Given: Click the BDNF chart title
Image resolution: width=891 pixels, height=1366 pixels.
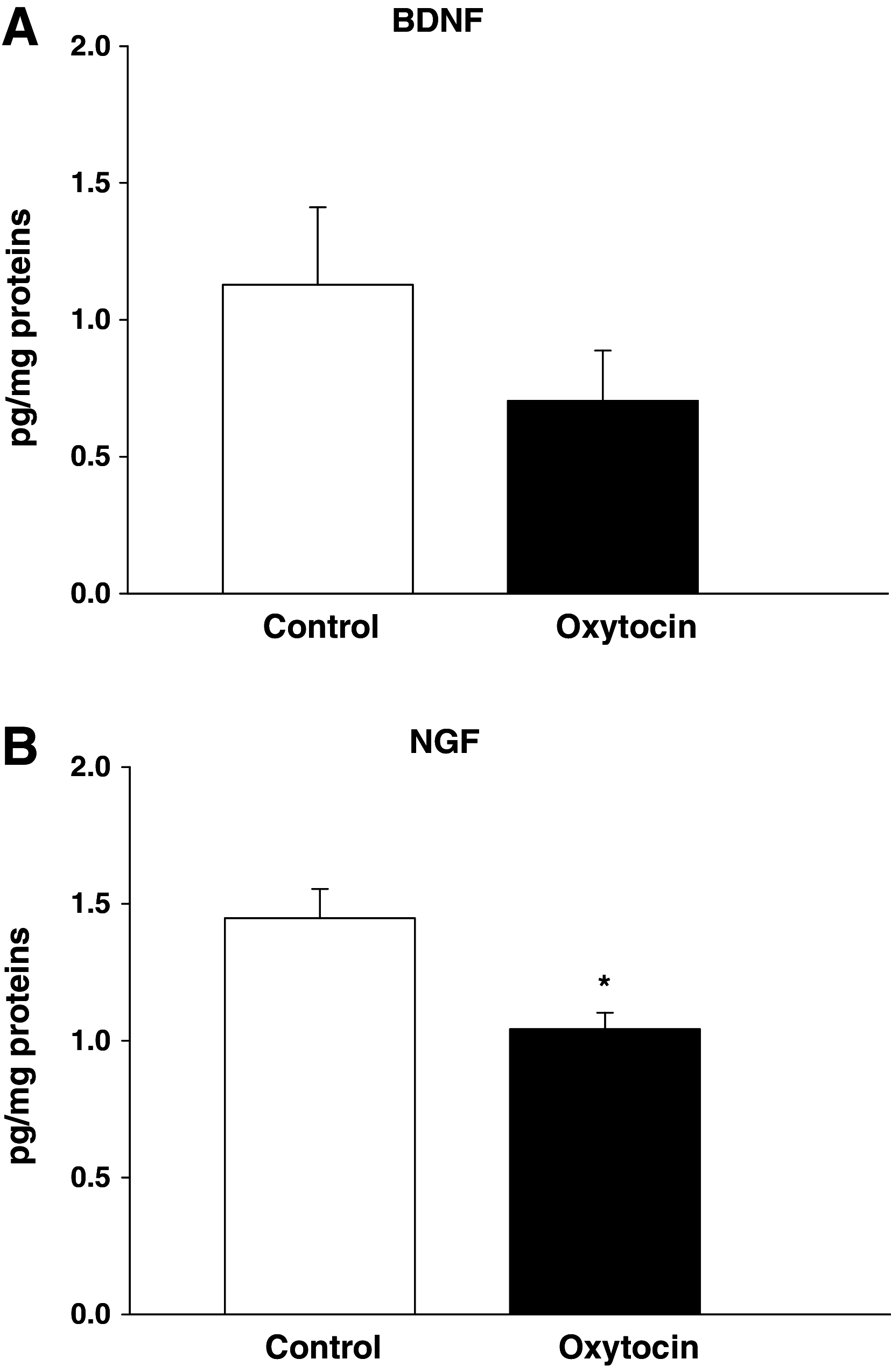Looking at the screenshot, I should [438, 20].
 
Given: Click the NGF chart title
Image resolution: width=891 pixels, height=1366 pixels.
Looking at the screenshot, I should [444, 742].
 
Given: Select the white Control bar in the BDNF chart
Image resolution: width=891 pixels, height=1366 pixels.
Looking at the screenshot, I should [318, 439].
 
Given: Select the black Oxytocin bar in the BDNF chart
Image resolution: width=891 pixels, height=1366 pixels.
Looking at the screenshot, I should [602, 497].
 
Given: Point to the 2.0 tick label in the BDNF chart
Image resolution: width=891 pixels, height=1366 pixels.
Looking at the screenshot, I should [90, 46].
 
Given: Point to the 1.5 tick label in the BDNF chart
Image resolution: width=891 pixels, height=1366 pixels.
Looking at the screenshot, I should [90, 184].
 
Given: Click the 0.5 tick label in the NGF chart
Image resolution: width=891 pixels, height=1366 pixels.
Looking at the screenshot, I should [90, 1178].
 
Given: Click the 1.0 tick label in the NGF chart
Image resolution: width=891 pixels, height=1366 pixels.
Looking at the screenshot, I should [90, 1041].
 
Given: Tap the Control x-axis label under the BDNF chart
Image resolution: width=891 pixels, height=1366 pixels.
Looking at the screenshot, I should [321, 626].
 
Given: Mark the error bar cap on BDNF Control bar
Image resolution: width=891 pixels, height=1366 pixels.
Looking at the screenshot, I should [318, 207].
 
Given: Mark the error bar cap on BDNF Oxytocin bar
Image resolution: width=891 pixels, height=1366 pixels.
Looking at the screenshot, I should [603, 350].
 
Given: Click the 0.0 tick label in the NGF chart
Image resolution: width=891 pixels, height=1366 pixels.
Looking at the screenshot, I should [90, 1314].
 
